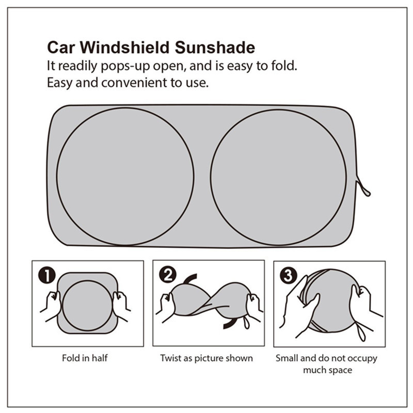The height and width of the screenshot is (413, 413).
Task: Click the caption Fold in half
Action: [x=85, y=358]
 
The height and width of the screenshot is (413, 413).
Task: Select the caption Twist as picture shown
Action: [x=206, y=358]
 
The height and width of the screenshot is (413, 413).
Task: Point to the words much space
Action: [x=327, y=370]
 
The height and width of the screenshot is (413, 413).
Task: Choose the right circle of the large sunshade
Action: [x=279, y=177]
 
